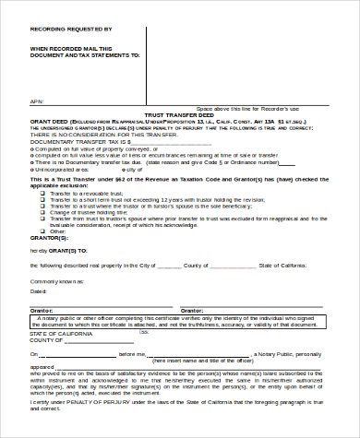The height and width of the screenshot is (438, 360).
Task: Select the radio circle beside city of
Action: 121,170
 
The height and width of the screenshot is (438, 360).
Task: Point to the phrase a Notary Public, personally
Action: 286,353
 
